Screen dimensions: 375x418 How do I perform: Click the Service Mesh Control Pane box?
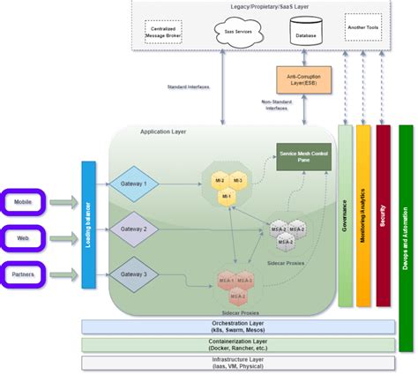(304, 158)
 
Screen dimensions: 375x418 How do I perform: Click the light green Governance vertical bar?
(345, 216)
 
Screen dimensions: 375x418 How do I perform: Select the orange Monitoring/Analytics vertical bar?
(363, 216)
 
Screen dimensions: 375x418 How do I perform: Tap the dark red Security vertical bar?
(383, 216)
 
